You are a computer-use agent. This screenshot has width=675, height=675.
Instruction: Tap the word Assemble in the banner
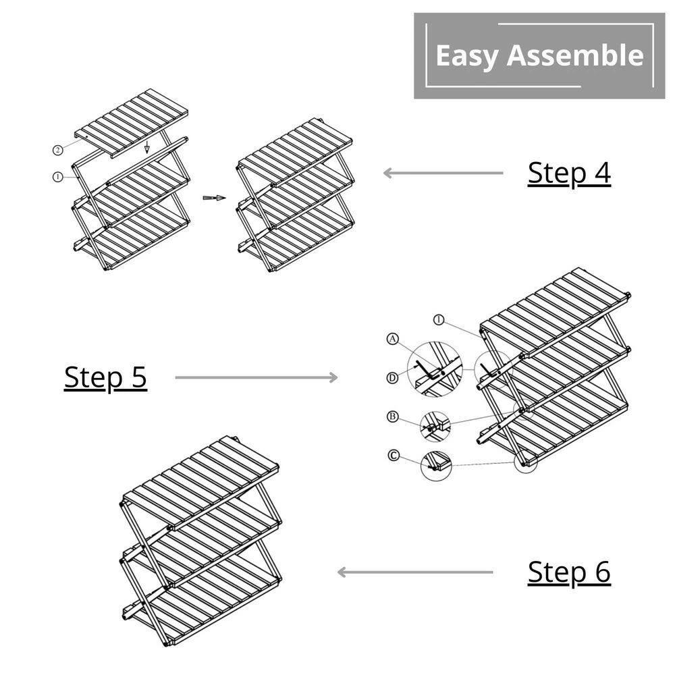575,55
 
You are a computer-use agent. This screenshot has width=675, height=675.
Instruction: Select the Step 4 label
569,173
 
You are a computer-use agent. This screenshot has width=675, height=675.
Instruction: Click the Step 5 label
105,377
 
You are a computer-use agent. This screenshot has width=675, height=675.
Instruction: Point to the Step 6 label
569,572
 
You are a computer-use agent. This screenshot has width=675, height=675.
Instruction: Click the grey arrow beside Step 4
443,173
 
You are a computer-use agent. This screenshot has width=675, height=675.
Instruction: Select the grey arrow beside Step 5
256,377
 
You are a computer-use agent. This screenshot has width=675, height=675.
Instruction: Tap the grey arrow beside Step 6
414,572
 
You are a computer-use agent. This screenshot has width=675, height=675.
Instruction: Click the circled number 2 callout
59,149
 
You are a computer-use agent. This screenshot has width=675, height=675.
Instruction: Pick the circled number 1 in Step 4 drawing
57,177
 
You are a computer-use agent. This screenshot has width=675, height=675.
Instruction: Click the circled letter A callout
393,340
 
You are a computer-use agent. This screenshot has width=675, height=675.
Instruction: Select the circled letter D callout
392,378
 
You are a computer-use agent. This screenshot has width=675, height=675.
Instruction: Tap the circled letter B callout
392,416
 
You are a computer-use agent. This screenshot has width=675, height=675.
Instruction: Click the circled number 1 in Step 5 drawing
439,320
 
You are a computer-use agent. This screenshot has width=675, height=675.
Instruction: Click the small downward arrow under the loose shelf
146,147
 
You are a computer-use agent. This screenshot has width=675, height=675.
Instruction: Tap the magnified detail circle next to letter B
435,426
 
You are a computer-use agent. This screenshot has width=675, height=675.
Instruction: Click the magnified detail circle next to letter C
435,464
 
